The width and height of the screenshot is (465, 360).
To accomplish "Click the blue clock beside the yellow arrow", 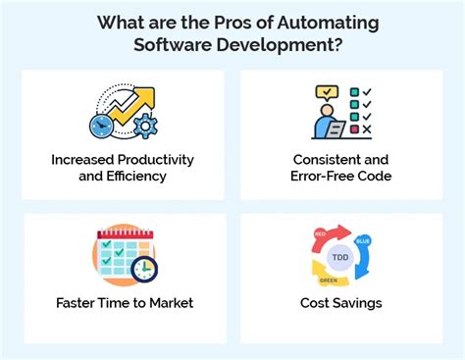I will point(101,126).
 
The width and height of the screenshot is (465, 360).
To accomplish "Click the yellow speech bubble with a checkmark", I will point(326,94).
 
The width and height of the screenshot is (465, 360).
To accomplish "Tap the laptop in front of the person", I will point(336,129).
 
